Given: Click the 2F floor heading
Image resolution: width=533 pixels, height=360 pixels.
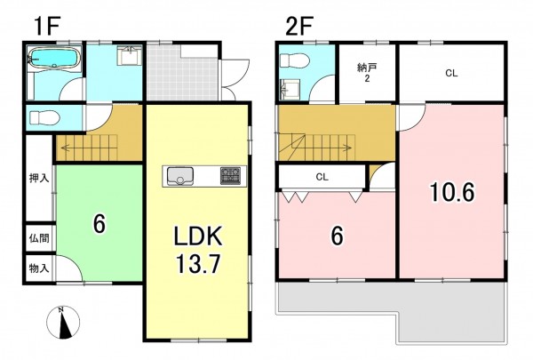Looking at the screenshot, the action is point(298,27).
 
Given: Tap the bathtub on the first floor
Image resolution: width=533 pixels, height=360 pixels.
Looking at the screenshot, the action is point(54,59).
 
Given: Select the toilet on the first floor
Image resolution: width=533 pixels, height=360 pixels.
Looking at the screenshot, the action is point(45,118).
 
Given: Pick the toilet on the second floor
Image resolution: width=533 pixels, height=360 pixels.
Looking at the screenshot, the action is point(294,61).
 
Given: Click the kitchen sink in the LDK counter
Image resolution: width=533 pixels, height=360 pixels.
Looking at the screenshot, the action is point(179,176).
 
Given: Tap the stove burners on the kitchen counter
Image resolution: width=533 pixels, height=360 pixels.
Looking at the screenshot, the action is point(230,176).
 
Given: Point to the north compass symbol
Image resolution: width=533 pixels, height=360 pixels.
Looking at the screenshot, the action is point(63,323).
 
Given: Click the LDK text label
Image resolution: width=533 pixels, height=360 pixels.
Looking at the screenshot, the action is point(198,236).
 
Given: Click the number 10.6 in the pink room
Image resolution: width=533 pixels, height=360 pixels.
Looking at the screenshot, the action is point(452,192).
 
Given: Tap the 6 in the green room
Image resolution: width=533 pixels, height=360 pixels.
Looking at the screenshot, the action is point(99,224).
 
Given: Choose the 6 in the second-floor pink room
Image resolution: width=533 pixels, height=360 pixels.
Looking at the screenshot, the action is point(337,236).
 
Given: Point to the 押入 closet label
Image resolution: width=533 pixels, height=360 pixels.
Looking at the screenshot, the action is point(39,178).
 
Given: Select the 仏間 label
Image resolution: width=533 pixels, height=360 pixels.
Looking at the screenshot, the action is point(39,238).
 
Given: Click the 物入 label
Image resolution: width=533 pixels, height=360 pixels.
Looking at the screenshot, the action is point(39,268).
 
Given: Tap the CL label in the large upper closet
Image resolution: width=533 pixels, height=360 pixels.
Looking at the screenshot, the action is point(451,73).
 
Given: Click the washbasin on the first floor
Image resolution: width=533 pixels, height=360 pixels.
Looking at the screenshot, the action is point(129,56).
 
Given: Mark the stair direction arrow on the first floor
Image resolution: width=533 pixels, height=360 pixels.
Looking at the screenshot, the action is point(89,148).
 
